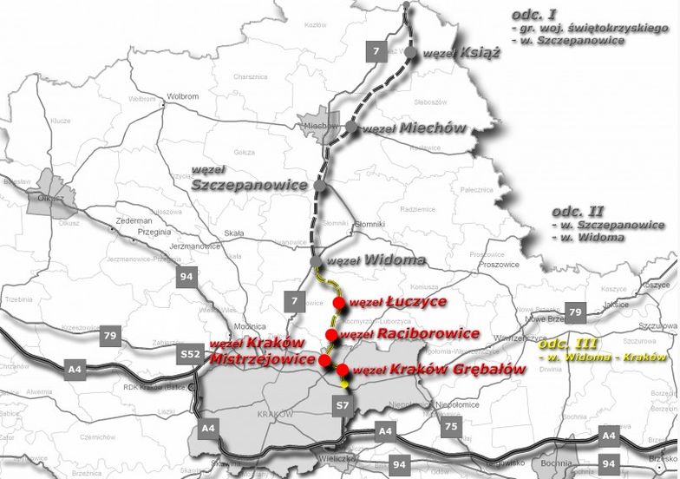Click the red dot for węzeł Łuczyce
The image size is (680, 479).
pos(338,302)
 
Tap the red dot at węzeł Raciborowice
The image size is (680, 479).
pos(330,334)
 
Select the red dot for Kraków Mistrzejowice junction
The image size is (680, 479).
pos(324,360)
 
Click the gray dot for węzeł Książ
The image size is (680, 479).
pos(409,54)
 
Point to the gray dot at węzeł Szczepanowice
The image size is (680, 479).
pos(320,186)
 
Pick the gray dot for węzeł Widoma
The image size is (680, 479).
pos(316,261)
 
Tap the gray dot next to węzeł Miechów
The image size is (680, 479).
pos(350,128)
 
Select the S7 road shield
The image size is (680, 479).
pos(343,404)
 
